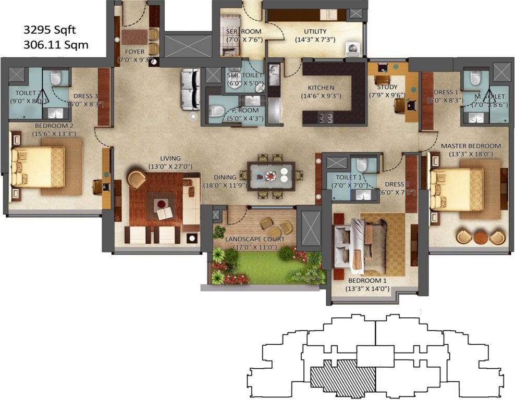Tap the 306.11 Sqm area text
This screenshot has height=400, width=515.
click(x=56, y=45)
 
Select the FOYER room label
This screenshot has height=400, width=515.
click(x=134, y=52)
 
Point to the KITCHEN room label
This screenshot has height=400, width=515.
click(x=321, y=87)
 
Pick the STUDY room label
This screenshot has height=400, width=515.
click(x=387, y=87)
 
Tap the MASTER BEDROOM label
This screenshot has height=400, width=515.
click(x=471, y=146)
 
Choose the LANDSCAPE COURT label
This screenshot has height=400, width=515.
click(x=255, y=239)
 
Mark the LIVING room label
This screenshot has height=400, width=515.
click(x=170, y=158)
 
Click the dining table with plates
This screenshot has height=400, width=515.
click(x=271, y=176)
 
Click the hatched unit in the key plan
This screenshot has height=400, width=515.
click(x=343, y=376)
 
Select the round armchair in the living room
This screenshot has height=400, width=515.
click(x=137, y=179)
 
